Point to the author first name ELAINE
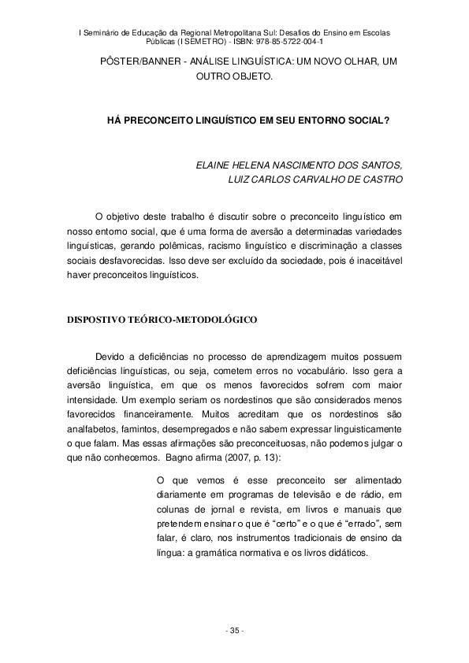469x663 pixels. pyautogui.click(x=214, y=166)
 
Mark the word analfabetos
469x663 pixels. pyautogui.click(x=93, y=430)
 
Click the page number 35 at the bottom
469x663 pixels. pyautogui.click(x=234, y=632)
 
